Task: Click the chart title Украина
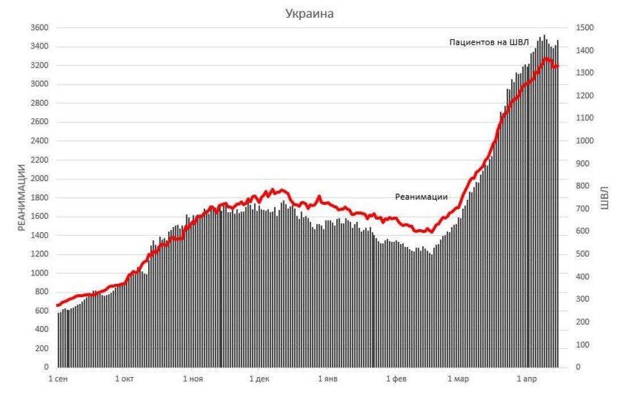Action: [x=309, y=14]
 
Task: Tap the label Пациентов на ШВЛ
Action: [x=489, y=42]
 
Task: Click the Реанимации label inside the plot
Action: [x=421, y=197]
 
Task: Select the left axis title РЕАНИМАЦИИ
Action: [x=22, y=197]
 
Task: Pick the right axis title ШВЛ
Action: [x=605, y=197]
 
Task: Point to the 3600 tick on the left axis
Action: [x=39, y=28]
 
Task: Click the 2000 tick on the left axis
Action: [x=39, y=179]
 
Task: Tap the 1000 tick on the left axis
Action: [x=39, y=273]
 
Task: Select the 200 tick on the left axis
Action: [x=41, y=348]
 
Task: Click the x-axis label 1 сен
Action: [x=58, y=378]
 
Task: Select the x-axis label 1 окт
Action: [x=124, y=378]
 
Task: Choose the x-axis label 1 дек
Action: [x=259, y=378]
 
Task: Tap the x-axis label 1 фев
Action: [x=396, y=378]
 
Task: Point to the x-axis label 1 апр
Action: [x=527, y=378]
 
